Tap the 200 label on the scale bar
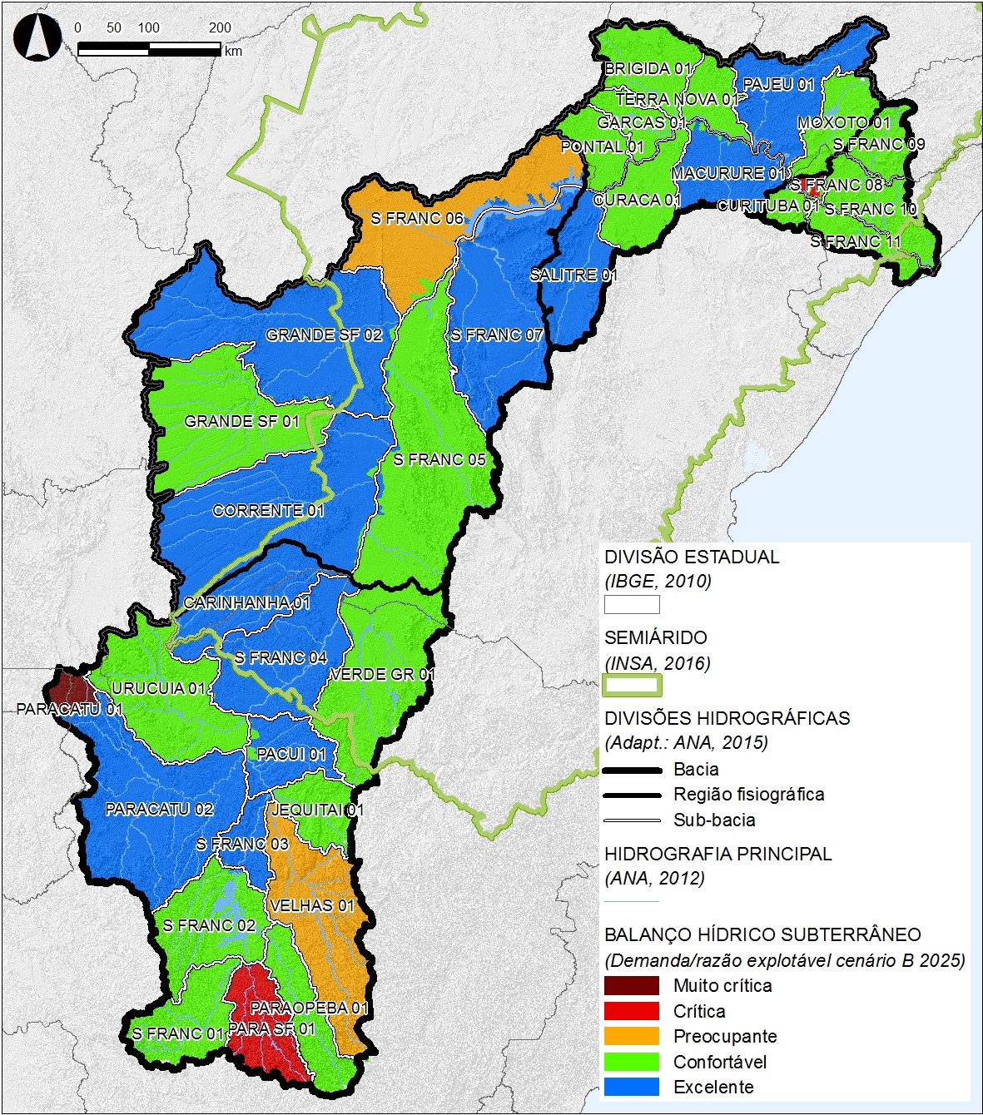(220, 27)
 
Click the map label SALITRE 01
(573, 275)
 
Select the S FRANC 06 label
(417, 219)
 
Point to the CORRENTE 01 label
(268, 510)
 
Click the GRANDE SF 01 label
(241, 421)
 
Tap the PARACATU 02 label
(159, 809)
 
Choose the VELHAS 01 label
(312, 905)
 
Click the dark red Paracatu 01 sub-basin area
(68, 688)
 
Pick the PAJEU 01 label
(778, 84)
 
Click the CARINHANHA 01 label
(246, 602)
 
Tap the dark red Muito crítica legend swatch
(631, 986)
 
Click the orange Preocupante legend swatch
(631, 1037)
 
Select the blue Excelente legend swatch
(631, 1087)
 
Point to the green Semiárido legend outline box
(632, 686)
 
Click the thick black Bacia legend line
(632, 770)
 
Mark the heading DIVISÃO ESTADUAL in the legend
(692, 557)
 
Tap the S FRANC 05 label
(439, 459)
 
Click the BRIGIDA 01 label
(648, 68)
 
